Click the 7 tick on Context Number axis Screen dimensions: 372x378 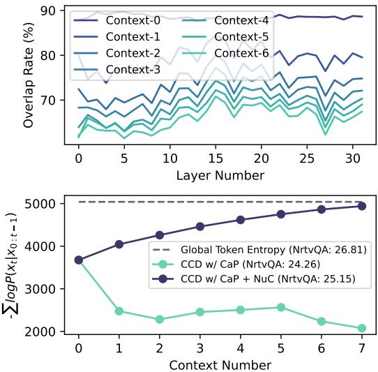pos(361,347)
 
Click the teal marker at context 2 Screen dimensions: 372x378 pos(160,319)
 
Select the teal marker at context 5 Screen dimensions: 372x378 pos(280,307)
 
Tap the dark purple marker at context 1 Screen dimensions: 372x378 pos(119,244)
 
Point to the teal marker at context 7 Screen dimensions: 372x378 pos(361,328)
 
